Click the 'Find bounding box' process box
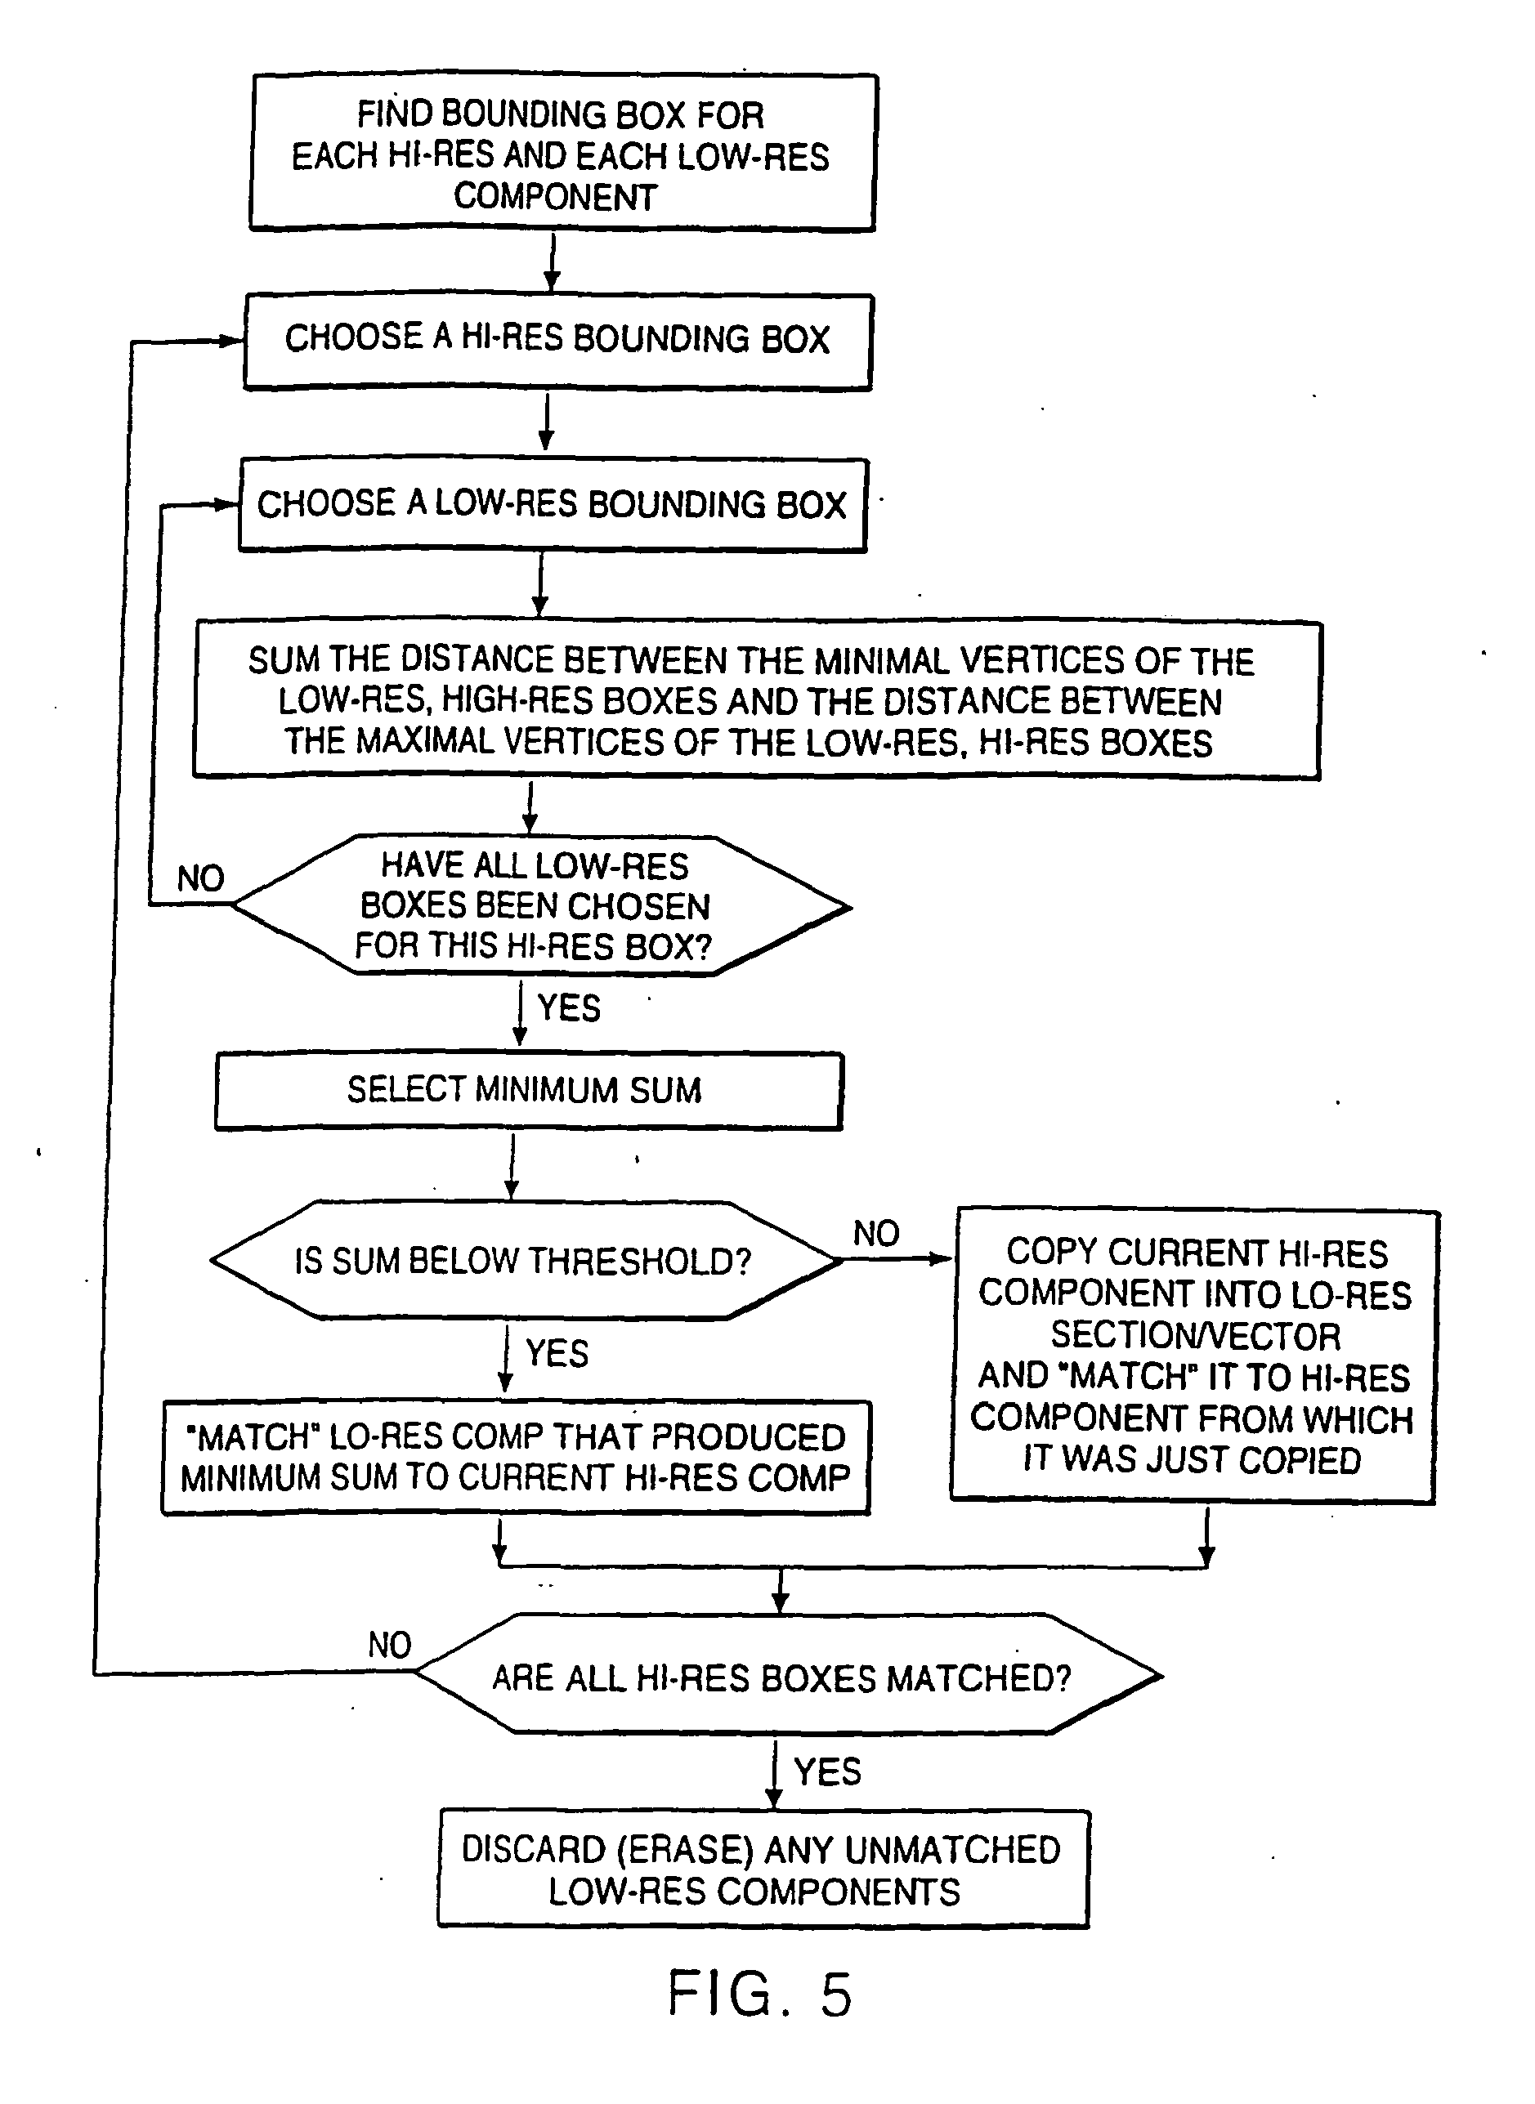(562, 154)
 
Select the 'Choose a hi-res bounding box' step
(557, 340)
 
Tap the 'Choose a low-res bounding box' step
(553, 504)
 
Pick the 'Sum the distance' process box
(756, 700)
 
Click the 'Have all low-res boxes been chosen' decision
(537, 905)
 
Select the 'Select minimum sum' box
(528, 1090)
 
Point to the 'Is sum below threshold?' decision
(523, 1261)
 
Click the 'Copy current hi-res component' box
(1194, 1356)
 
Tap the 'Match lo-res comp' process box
(516, 1457)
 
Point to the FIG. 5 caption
(760, 1995)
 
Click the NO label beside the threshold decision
(876, 1234)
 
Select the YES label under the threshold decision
(557, 1353)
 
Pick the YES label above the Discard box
(827, 1771)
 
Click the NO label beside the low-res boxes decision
(201, 878)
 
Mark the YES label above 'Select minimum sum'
(569, 1007)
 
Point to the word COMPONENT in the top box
(556, 197)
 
